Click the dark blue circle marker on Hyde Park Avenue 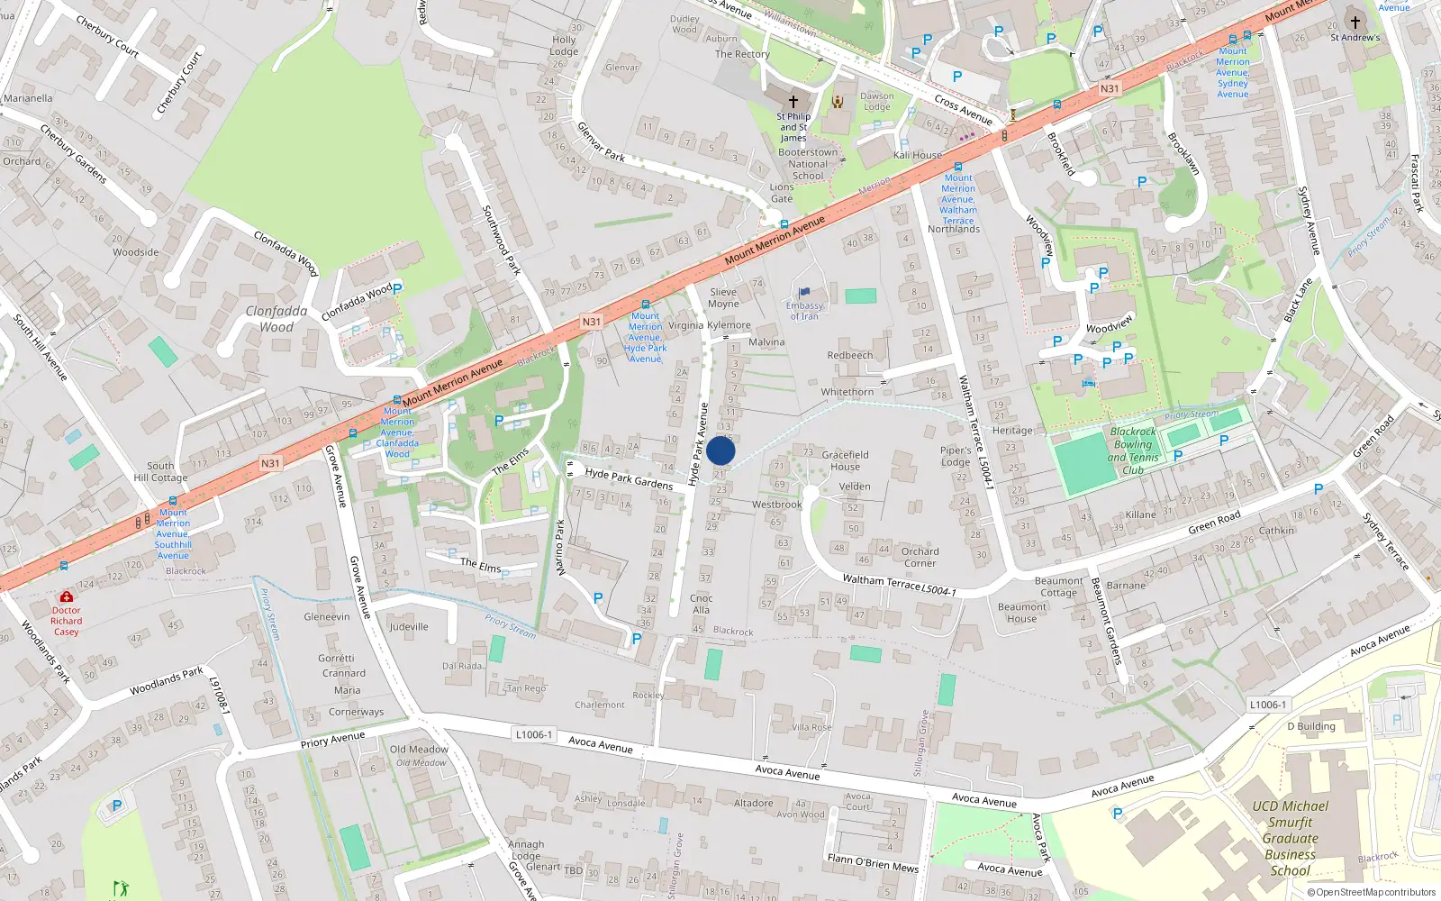tap(720, 450)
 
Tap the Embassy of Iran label tap(804, 310)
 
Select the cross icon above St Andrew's tap(1355, 23)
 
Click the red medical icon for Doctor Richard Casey tap(66, 596)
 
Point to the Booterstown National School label tap(808, 164)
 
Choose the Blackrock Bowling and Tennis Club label tap(1132, 450)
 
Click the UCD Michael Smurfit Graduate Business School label tap(1290, 838)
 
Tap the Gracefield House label tap(845, 460)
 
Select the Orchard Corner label tap(920, 557)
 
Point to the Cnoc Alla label tap(701, 604)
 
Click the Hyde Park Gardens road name tap(629, 478)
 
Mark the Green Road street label tap(1214, 522)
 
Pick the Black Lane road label tap(1297, 300)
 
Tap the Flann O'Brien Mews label tap(873, 863)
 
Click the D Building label tap(1310, 726)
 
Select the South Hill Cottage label tap(160, 472)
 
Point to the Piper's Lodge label tap(956, 456)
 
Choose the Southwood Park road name tap(501, 240)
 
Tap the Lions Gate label tap(782, 193)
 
